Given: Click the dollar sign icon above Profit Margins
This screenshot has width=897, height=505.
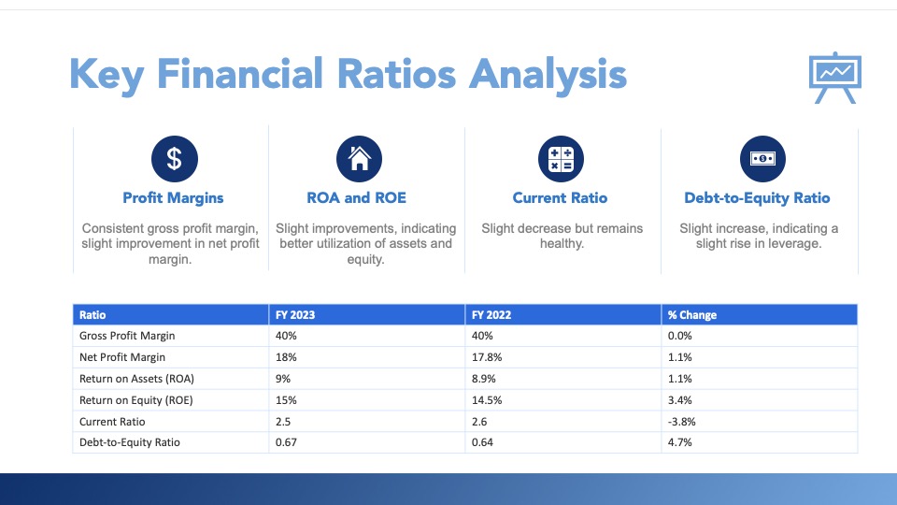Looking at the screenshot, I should (x=174, y=158).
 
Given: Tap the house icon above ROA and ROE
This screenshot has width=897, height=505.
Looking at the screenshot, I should (x=358, y=158).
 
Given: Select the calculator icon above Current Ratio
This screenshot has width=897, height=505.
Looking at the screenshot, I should (x=561, y=158).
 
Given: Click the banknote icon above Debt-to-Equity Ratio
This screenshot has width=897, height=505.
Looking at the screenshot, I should (x=762, y=158).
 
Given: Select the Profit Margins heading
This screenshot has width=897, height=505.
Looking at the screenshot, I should (x=173, y=197).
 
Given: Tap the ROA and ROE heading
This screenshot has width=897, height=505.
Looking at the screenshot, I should (x=356, y=197).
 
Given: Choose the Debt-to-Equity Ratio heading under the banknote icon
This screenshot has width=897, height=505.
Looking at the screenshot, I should (x=757, y=197).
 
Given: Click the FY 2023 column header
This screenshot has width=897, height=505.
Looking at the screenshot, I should (x=294, y=315).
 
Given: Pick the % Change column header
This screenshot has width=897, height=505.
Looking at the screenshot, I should (x=691, y=315).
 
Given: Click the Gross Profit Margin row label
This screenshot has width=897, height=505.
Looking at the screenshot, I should (x=127, y=336).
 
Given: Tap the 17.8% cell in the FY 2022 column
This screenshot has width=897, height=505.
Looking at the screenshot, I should (x=485, y=357).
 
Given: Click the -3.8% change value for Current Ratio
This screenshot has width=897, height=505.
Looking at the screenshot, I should (x=681, y=422).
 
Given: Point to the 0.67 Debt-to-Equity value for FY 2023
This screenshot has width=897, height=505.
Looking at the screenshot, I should (x=285, y=442).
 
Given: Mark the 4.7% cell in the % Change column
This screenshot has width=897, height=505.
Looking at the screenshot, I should (x=679, y=442).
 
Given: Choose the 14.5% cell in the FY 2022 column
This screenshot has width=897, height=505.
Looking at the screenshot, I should (x=485, y=400).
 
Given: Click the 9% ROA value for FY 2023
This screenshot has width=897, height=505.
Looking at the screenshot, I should (x=283, y=379).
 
